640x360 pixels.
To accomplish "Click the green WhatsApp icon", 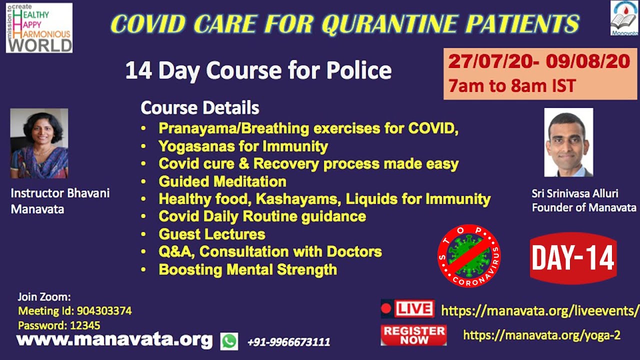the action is click(x=229, y=341).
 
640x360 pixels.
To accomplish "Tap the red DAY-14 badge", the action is click(x=573, y=258).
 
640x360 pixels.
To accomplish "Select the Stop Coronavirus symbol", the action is click(x=469, y=255).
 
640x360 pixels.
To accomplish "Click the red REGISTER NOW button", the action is click(x=413, y=335).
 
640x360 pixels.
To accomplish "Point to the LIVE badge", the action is click(x=407, y=308).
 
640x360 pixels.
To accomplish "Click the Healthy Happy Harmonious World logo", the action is click(x=39, y=27).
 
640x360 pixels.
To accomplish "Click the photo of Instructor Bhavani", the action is click(x=39, y=143).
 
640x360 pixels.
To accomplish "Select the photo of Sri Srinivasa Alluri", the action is click(x=568, y=142).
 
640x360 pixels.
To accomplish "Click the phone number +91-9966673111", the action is click(x=289, y=341).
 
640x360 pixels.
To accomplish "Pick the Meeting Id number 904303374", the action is click(x=104, y=310).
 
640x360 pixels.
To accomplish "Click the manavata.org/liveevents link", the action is click(x=539, y=311).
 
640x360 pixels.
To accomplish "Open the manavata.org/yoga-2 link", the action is click(x=541, y=335).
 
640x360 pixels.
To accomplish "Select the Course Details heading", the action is click(x=199, y=107).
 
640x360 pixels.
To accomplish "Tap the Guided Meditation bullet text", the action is click(x=222, y=181).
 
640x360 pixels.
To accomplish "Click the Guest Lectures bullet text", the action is click(x=212, y=234).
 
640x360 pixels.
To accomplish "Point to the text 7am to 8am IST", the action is click(x=511, y=85).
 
